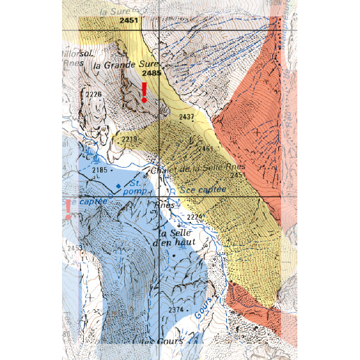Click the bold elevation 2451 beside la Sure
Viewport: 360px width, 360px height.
[x=129, y=22]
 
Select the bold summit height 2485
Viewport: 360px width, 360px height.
[x=151, y=73]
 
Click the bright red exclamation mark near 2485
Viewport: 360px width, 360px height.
[x=144, y=92]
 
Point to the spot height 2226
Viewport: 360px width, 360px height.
[x=94, y=94]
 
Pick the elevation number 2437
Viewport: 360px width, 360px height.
[x=187, y=116]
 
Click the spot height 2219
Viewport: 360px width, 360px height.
[x=129, y=139]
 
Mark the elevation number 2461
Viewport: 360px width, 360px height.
[x=206, y=149]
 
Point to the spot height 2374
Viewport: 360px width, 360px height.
[x=176, y=309]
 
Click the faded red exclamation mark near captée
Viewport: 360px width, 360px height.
[x=68, y=209]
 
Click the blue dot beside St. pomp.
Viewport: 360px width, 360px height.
[x=118, y=185]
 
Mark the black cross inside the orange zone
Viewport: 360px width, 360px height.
[x=257, y=131]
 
